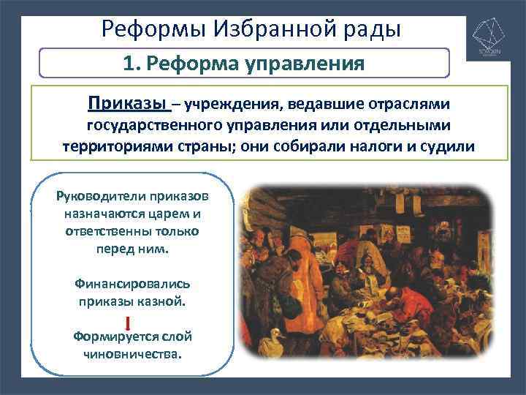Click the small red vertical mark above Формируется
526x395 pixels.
129,322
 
